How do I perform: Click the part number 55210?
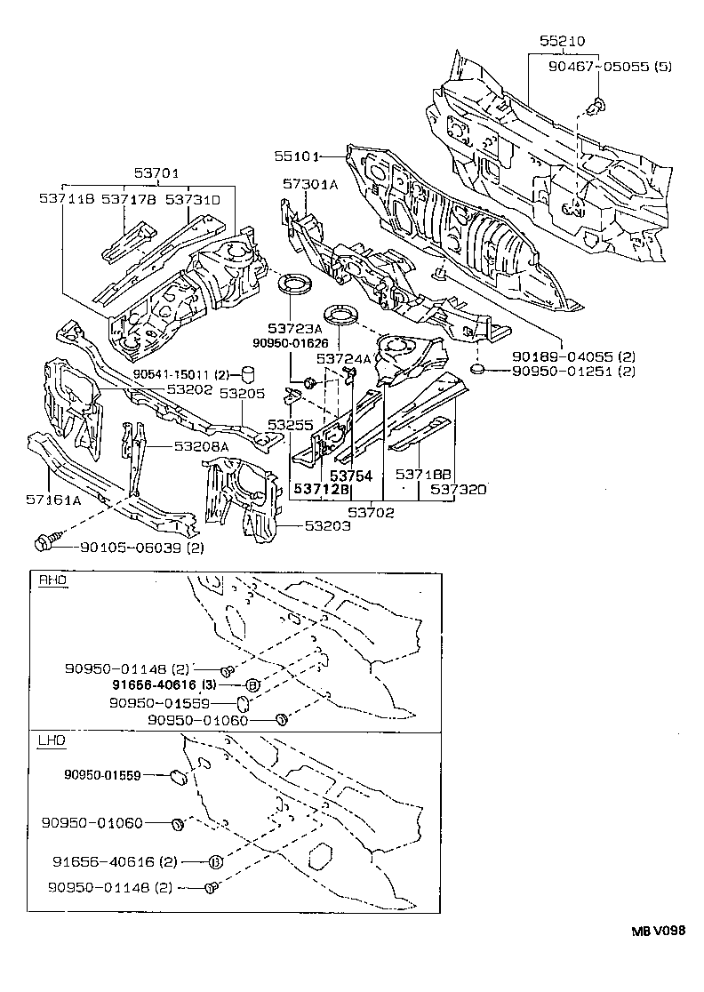(x=563, y=41)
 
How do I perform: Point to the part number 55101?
(x=296, y=156)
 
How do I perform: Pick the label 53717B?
(x=128, y=200)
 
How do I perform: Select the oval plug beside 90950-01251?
(x=476, y=368)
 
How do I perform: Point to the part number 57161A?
(x=53, y=500)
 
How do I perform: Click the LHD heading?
(x=52, y=740)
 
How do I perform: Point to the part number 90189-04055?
(x=564, y=356)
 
